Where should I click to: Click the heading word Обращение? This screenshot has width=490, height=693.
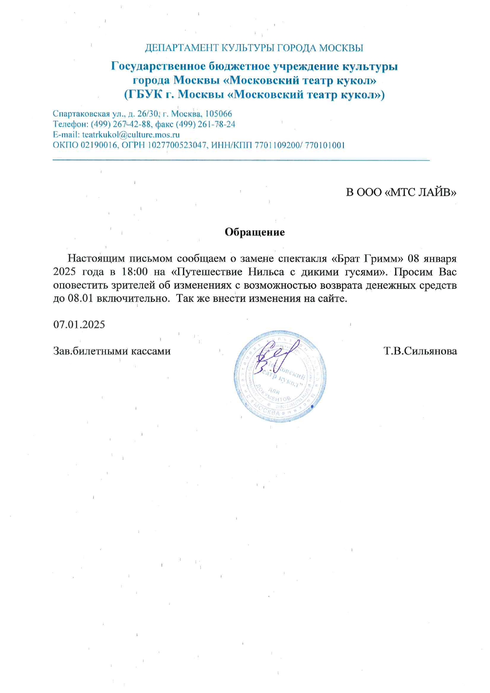coord(254,232)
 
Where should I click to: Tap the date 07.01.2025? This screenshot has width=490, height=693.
coord(79,324)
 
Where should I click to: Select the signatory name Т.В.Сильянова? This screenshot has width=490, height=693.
coord(420,351)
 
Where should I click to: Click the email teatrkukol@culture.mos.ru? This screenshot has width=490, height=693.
coord(131,135)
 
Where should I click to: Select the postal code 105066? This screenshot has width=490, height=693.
coord(219,114)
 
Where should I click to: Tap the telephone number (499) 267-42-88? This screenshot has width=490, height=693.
coord(121,124)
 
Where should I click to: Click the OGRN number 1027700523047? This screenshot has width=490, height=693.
coord(178,145)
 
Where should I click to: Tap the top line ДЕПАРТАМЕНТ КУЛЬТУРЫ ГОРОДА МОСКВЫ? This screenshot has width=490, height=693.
coord(254,48)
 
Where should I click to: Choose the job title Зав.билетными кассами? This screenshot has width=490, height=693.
coord(112,351)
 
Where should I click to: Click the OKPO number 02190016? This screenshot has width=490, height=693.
coord(99,145)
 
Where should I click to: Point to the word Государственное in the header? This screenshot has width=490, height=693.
coord(158,66)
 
